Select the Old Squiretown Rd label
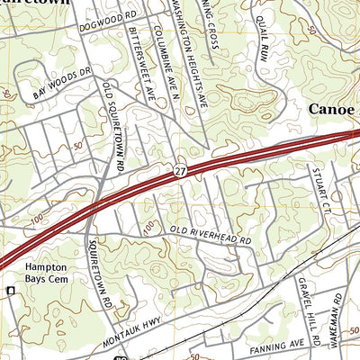click(x=112, y=125)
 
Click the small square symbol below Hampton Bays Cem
click(x=11, y=291)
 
